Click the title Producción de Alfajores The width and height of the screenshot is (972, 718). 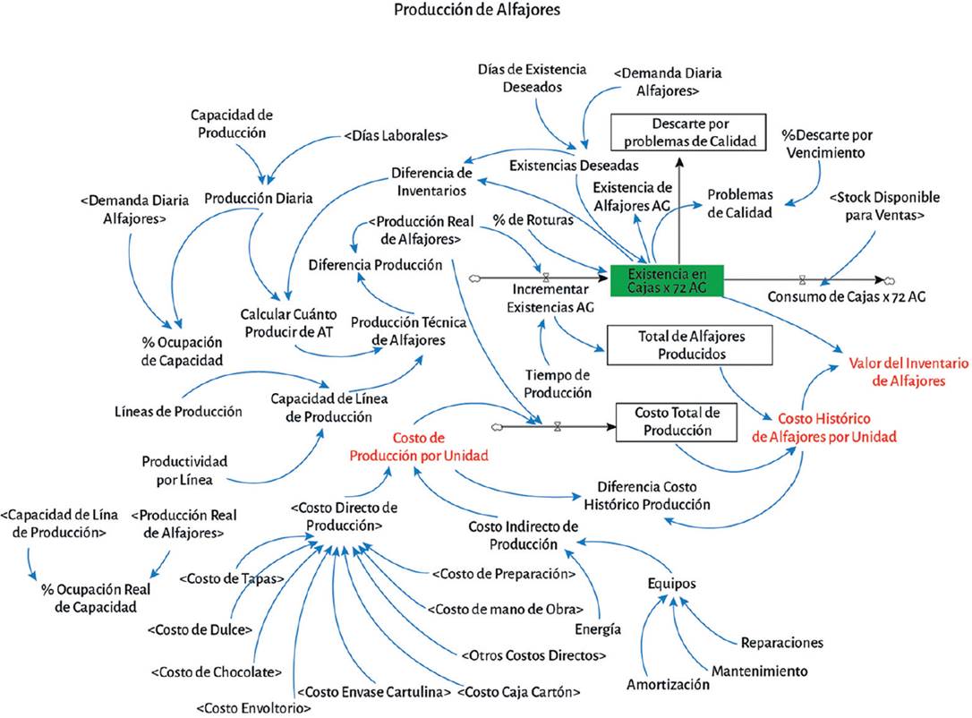pos(477,10)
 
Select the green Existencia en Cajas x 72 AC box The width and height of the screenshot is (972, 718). pos(667,280)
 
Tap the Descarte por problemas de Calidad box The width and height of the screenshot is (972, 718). pos(688,132)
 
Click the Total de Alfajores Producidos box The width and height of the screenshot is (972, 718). pos(689,345)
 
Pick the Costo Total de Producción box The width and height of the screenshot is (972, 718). pos(677,422)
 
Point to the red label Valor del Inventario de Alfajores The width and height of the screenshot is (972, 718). pos(908,372)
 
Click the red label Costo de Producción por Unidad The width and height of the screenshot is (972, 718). pos(419,447)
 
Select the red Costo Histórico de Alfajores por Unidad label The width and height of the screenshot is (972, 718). pos(823,428)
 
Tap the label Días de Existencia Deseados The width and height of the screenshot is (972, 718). pos(532,78)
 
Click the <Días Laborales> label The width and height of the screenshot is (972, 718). pos(396,135)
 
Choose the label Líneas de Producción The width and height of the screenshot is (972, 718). pos(178,412)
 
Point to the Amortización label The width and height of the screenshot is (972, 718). pos(668,685)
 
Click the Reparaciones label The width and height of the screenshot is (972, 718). pos(781,643)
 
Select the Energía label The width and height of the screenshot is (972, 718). pos(598,629)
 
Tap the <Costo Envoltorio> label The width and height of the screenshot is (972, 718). pos(253,708)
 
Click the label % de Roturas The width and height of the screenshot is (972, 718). pos(533,220)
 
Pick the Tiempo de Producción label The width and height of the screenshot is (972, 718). pos(558,384)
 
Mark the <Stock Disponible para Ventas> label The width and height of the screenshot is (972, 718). pos(884,206)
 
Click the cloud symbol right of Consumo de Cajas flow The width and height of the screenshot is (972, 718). pos(889,281)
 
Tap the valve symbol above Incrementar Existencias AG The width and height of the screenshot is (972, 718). pos(546,278)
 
